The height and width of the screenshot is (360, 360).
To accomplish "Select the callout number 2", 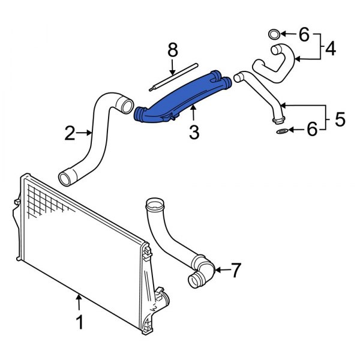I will (x=70, y=133).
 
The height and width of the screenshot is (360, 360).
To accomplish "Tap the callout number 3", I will (x=194, y=133).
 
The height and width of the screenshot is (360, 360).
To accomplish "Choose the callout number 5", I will (x=340, y=119).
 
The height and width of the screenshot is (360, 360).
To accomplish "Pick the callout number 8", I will (x=172, y=51).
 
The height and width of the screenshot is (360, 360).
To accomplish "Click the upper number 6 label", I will (x=304, y=35).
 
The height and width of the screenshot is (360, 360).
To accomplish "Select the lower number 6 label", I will (x=311, y=130).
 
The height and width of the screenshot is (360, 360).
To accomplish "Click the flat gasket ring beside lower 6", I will (x=281, y=130).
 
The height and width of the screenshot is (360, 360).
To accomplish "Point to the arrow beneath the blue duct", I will (x=193, y=113).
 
